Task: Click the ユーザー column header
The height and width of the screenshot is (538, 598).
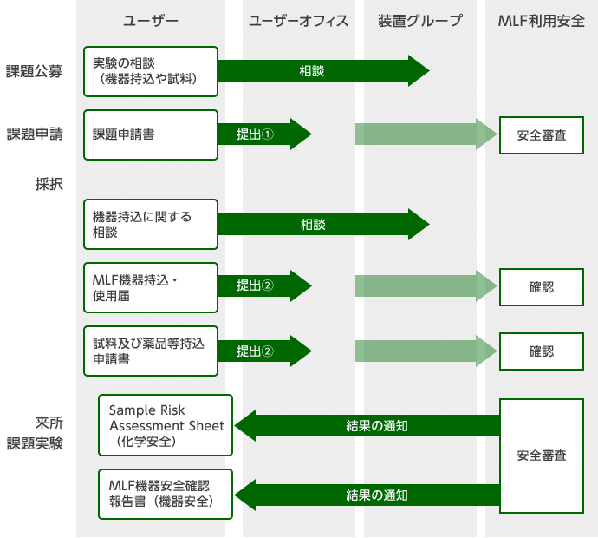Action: coord(151,21)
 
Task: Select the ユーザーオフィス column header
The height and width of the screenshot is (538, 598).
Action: coord(298,21)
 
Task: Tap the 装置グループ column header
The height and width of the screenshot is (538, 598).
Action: coord(420,21)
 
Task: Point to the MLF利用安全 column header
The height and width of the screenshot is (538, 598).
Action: coord(541,21)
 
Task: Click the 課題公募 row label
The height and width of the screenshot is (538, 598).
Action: coord(34,71)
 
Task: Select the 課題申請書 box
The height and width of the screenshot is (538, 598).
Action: coord(150,134)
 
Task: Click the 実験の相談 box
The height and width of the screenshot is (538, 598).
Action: coord(150,71)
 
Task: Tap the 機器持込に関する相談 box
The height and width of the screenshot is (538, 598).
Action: coord(150,225)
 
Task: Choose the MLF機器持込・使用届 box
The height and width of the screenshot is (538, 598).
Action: coord(150,287)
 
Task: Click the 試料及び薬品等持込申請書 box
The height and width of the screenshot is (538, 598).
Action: coord(150,351)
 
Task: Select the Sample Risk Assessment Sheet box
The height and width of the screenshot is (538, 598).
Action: coord(166,425)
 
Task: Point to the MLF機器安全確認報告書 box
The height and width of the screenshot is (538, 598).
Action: coord(166,495)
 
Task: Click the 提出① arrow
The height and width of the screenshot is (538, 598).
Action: coord(263,134)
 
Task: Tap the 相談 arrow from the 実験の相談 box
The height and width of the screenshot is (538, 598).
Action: coord(322,71)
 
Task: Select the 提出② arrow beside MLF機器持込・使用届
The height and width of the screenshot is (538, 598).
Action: coord(263,287)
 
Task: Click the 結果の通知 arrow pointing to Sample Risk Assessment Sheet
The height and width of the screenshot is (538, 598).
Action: coord(367,425)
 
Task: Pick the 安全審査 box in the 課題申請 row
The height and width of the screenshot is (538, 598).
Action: coord(542,134)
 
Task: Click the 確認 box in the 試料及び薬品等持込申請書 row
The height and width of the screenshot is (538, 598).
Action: coord(542,351)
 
